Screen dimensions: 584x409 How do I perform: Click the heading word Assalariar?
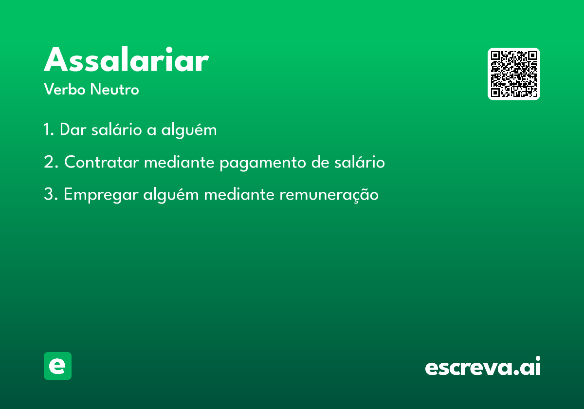pos(127,59)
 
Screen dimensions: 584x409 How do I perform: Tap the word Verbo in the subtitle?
pos(65,90)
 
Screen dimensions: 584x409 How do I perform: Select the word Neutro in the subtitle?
pos(114,90)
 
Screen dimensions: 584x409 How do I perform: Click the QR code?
pos(513,74)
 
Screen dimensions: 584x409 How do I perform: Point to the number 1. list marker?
pos(49,130)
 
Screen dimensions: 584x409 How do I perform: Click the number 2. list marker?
pos(51,162)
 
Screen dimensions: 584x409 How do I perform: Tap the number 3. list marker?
pos(51,194)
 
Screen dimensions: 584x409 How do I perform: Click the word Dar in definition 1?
pos(73,130)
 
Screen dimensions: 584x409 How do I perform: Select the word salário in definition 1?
pos(116,129)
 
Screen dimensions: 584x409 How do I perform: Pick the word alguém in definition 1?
pos(189,130)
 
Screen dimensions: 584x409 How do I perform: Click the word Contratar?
pos(102,162)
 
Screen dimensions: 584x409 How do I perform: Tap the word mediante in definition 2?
pos(180,162)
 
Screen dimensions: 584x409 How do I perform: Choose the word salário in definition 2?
pos(360,162)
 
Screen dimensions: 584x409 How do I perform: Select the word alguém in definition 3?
pos(171,195)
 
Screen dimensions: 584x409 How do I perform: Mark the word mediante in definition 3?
pos(239,194)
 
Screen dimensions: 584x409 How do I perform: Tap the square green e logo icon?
pos(57,366)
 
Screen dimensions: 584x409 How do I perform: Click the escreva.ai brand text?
pos(483,366)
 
